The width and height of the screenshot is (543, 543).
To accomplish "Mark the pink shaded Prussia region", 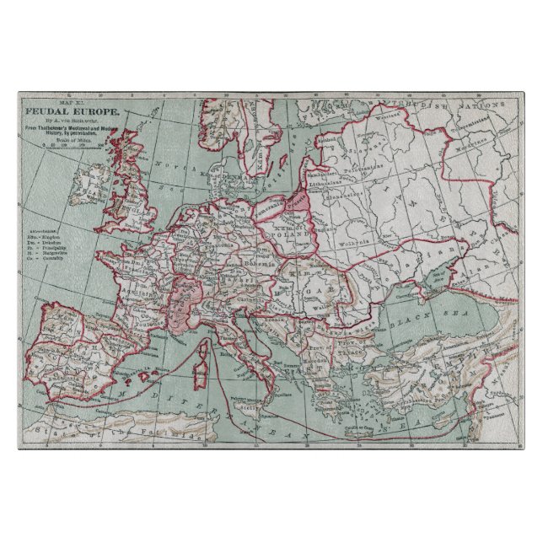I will pyautogui.click(x=295, y=203).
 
